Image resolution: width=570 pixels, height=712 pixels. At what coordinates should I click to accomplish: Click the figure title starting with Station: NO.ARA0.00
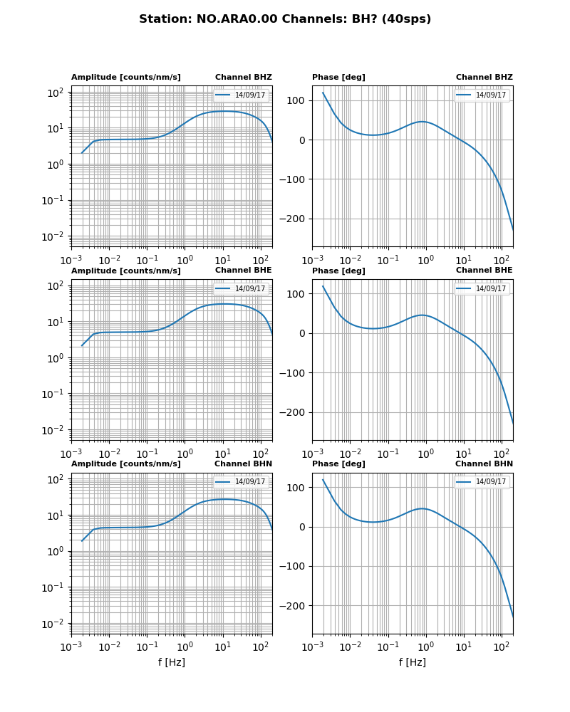[285, 19]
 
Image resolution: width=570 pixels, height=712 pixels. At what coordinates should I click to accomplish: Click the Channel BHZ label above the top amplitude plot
[244, 78]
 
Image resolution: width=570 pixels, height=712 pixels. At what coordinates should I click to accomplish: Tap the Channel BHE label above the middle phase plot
[484, 271]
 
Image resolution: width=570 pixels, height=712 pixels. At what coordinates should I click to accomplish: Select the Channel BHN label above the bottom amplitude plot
[244, 464]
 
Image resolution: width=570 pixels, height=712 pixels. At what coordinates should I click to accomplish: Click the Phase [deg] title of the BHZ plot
[338, 78]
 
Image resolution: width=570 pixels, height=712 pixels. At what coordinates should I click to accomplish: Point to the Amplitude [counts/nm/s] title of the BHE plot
[126, 271]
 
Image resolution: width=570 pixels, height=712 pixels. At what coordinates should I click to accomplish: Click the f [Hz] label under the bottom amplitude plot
[172, 662]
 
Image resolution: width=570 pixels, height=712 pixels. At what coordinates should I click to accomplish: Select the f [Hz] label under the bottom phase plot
[413, 662]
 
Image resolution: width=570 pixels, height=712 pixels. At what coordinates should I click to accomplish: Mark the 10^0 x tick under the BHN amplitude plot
[185, 646]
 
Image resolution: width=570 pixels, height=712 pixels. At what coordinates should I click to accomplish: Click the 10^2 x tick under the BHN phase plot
[502, 646]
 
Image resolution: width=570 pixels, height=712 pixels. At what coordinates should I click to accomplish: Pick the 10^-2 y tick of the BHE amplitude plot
[56, 430]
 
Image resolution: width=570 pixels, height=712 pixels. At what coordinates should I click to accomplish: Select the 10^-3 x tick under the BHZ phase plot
[312, 260]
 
